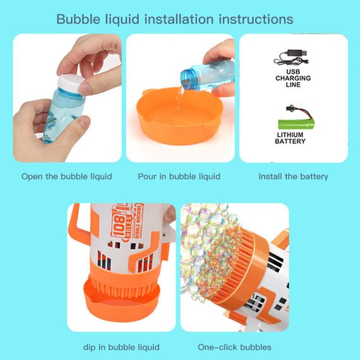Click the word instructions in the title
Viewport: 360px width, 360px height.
[255, 19]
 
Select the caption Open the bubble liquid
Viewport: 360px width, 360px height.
[66, 176]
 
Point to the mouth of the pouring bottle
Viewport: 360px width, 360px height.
[188, 80]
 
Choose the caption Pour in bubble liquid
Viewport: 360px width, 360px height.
[179, 176]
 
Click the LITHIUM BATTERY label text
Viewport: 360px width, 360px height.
[290, 138]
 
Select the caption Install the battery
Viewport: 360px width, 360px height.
[293, 176]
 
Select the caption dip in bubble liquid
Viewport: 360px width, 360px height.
[121, 347]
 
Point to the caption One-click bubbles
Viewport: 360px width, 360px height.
[234, 347]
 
